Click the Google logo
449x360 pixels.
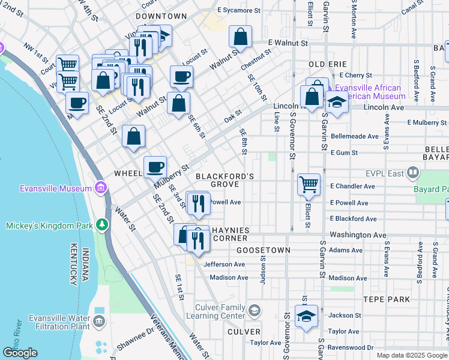tap(20, 353)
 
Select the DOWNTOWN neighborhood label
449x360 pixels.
tap(161, 16)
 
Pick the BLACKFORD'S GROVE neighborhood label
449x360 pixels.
tap(225, 179)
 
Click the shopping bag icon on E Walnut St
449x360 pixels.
tap(240, 37)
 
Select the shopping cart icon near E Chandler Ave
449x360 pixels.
tap(309, 184)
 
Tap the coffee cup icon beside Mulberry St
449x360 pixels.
tap(155, 166)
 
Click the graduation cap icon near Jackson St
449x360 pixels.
tap(306, 315)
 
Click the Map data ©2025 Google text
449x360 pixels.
tap(412, 355)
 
